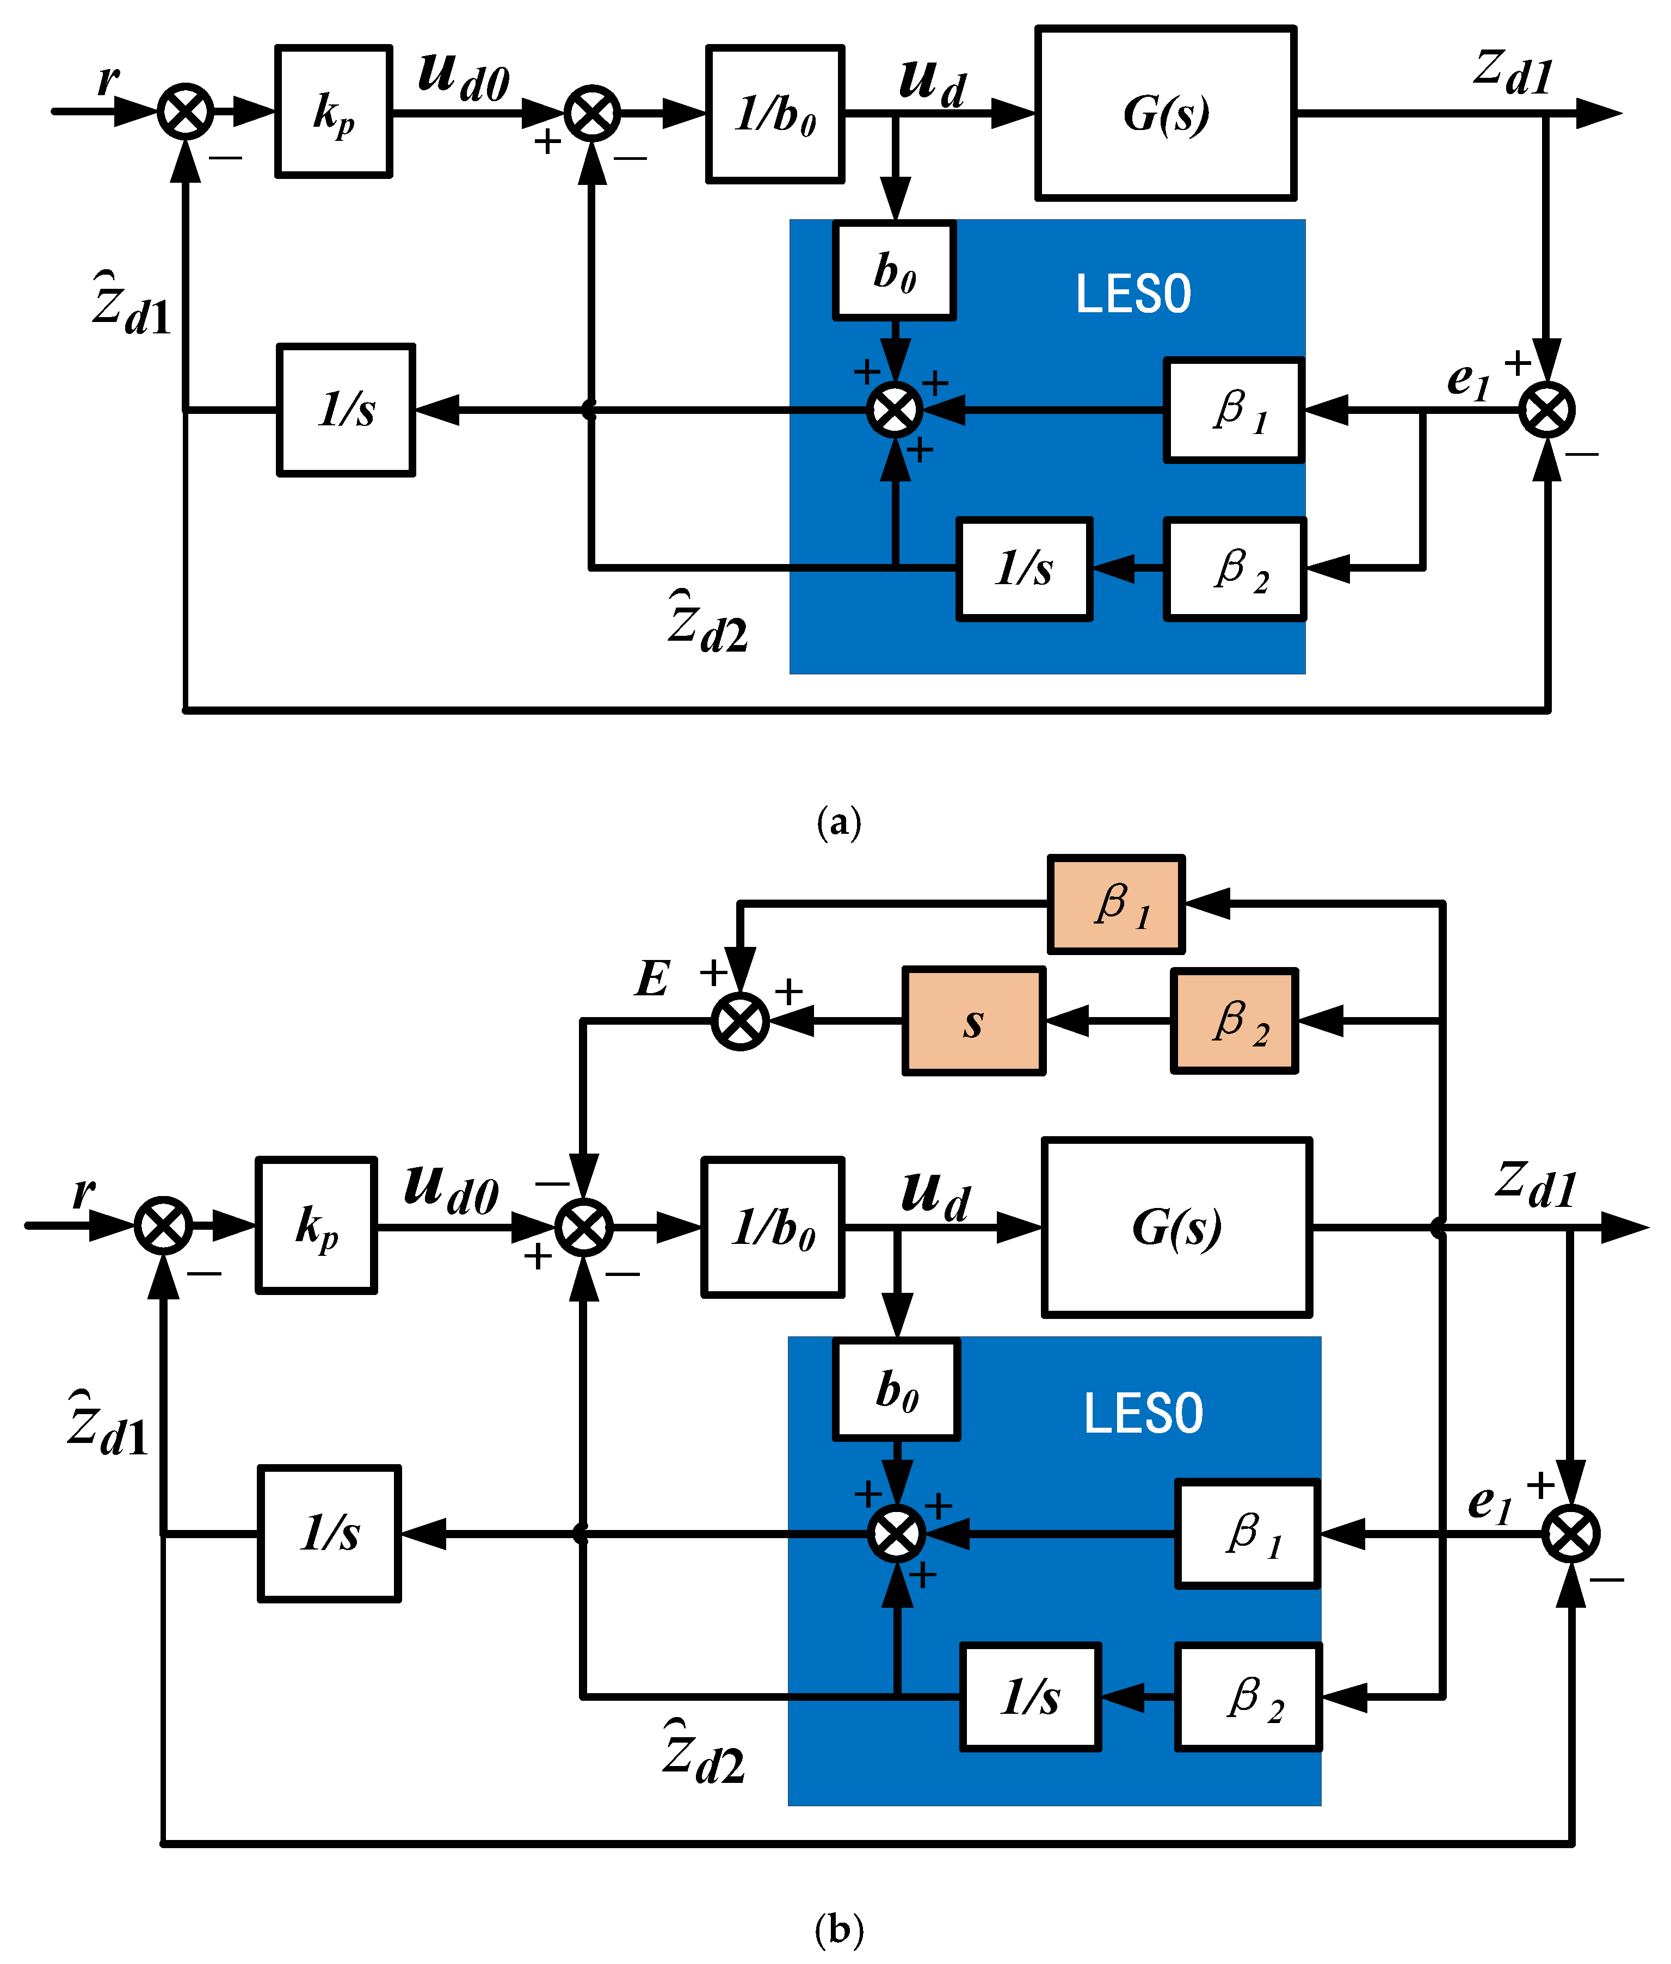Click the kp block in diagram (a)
pos(334,111)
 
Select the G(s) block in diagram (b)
pos(1176,1227)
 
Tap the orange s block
pos(974,1021)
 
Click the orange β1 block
pos(1116,904)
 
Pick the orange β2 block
pos(1234,1021)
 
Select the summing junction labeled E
pos(740,1021)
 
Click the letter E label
pos(653,978)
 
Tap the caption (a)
pos(838,822)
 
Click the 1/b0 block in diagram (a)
pos(775,114)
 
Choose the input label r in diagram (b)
pos(83,1191)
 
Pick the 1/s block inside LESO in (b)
pos(1031,1696)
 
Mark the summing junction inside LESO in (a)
pos(894,410)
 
